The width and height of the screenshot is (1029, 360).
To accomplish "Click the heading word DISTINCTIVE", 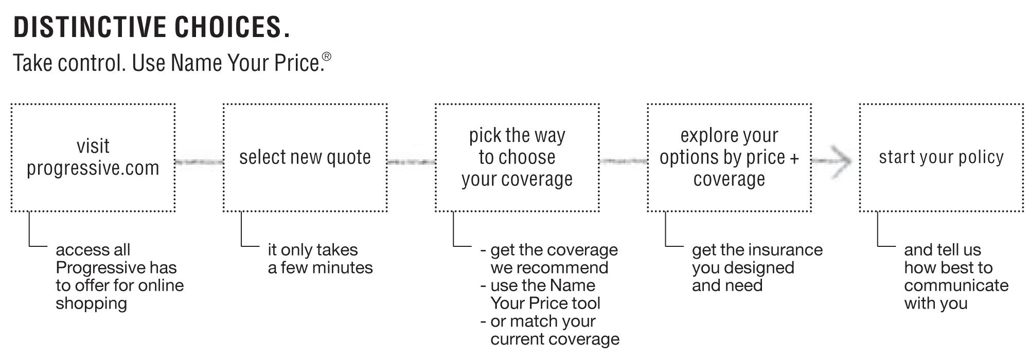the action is coord(90,28).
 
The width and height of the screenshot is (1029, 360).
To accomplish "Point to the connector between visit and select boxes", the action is coord(199,162).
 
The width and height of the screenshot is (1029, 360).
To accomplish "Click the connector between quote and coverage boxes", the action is coord(411,162).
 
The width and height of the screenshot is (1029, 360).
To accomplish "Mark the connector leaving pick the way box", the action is coord(623,161).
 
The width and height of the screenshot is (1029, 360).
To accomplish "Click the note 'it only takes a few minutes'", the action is coord(320,259).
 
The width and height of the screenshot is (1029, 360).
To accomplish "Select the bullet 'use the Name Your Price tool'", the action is coord(540,294).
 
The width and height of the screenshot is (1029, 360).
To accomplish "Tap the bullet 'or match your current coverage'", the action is coord(550,330).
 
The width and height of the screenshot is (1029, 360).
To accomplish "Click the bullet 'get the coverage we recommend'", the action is coord(549,259).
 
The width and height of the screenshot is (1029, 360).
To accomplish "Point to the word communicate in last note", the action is coord(956,285).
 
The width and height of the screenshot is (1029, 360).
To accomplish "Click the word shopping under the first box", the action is coord(92,304).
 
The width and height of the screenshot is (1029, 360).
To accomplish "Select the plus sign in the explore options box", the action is coord(794,158).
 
